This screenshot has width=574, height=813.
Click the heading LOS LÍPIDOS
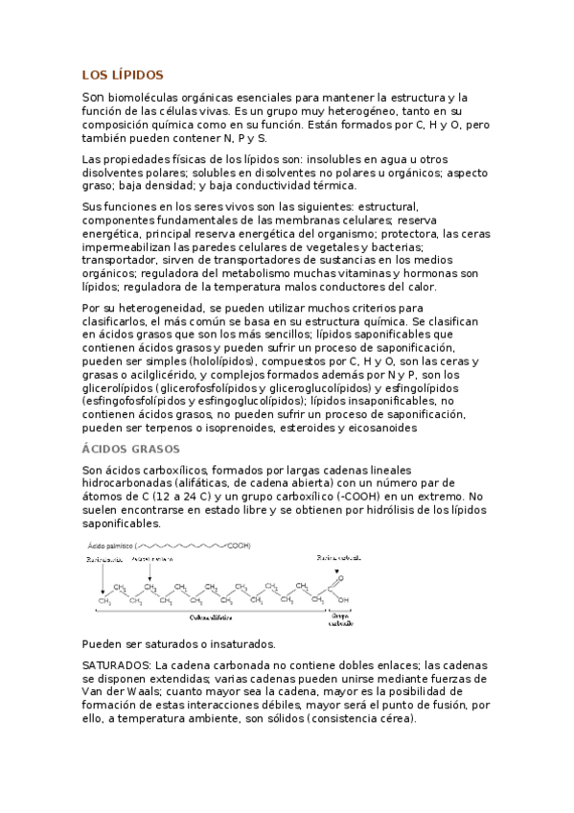(x=123, y=74)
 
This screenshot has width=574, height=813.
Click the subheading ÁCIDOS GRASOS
(x=130, y=449)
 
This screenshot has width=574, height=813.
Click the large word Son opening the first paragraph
(x=92, y=98)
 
